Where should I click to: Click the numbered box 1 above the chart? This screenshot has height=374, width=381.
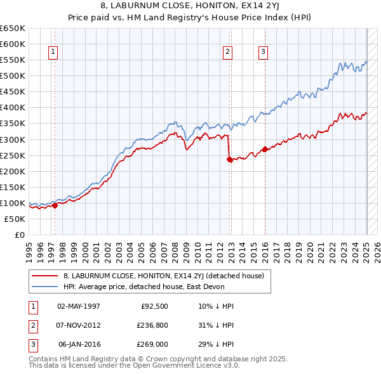pos(53,53)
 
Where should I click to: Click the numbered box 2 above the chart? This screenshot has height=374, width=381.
pos(227,53)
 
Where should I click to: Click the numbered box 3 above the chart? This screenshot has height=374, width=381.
pos(262,53)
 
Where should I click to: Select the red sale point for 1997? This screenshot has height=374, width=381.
pos(55,205)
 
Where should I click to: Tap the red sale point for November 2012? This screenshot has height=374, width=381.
pos(229,160)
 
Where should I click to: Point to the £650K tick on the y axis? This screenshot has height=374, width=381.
pos(12,29)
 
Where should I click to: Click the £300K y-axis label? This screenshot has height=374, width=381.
pos(12,139)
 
